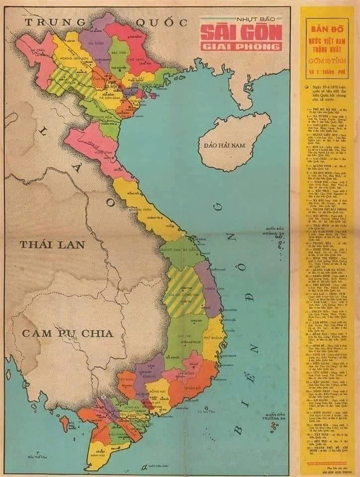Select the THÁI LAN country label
tap(52, 244)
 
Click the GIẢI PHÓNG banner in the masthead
tap(241, 46)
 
